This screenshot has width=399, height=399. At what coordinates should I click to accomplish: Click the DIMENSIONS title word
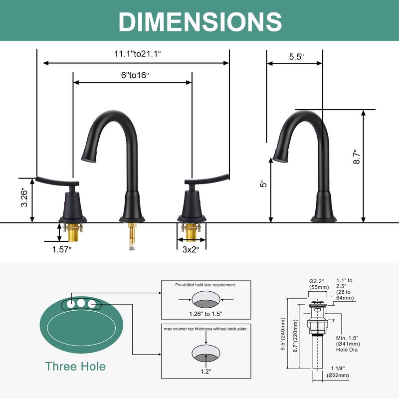(x=200, y=21)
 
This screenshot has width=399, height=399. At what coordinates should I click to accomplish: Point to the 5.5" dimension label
(x=296, y=56)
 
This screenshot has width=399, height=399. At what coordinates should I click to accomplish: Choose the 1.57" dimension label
(x=62, y=249)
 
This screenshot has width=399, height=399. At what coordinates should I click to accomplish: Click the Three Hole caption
(x=75, y=367)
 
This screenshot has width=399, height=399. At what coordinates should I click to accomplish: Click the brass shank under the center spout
(x=132, y=232)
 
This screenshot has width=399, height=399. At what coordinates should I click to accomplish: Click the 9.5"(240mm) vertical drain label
(x=283, y=334)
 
